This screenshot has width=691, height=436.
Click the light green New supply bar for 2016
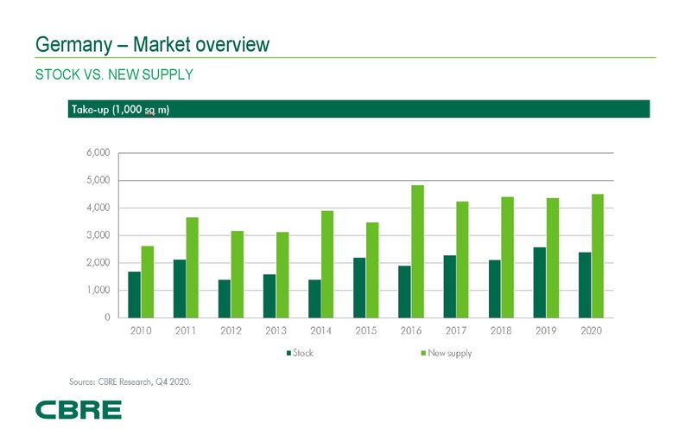coord(417,251)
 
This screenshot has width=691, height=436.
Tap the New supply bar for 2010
coord(148,281)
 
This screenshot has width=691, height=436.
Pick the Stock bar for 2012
coord(224,298)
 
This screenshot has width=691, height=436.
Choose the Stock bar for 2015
coord(358,287)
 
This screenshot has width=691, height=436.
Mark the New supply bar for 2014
coord(327,264)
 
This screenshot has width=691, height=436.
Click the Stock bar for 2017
coord(449,285)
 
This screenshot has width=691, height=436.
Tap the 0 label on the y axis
coord(105,317)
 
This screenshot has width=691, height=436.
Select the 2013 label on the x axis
coord(275,331)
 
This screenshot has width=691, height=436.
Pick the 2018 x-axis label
coord(500,331)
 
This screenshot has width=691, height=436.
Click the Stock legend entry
coord(300,353)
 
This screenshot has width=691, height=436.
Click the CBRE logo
coord(78,410)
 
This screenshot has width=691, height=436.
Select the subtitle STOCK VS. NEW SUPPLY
coord(113,75)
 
